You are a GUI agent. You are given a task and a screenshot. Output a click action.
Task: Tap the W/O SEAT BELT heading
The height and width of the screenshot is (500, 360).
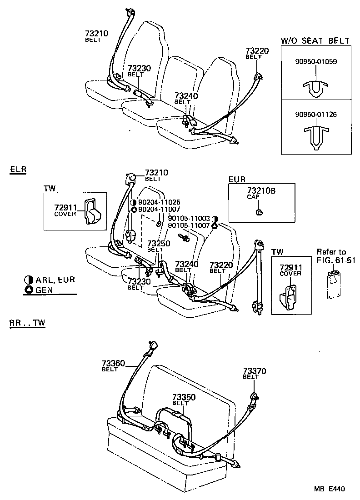[x=315, y=41]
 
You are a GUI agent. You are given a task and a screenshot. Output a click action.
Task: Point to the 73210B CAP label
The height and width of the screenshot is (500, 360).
[x=261, y=194]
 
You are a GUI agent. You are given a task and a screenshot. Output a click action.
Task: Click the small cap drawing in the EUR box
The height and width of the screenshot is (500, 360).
[x=259, y=212]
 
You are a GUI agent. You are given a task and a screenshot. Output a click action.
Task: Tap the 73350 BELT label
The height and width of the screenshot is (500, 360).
[x=184, y=399]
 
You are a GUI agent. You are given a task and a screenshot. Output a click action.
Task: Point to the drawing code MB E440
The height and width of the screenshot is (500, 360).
[x=328, y=490]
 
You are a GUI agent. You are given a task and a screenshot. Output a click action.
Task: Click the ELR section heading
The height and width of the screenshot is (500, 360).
[x=18, y=170]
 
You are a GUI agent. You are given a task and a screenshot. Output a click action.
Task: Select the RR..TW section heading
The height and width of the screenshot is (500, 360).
[x=27, y=323]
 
